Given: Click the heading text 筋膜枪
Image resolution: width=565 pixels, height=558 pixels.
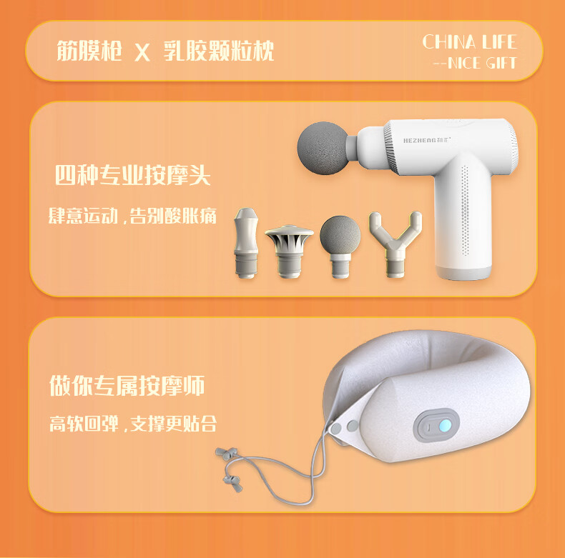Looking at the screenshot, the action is [89, 51].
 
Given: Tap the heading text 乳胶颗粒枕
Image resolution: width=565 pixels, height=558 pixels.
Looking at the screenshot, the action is [219, 51].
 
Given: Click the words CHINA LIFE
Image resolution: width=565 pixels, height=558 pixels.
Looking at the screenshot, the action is [470, 41].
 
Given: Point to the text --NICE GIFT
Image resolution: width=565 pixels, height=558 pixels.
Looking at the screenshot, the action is [476, 63].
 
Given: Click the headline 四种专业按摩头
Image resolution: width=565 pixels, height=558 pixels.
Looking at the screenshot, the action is [132, 175].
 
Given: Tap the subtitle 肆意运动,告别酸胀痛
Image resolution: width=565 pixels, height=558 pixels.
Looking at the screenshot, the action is [132, 216].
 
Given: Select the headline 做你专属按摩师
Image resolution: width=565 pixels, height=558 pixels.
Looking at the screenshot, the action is [127, 386].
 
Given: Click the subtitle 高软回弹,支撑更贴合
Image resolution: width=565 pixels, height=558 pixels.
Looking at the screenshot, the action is [133, 424].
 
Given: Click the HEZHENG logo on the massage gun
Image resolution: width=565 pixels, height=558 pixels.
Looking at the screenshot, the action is [427, 140].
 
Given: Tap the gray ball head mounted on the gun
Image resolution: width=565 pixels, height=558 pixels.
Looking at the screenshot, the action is [323, 148].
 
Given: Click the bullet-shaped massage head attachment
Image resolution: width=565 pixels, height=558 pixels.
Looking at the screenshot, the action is [246, 243].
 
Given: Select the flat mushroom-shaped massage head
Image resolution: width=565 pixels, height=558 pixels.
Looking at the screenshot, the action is [290, 251].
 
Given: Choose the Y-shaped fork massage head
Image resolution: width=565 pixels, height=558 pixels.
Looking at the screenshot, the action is [395, 244].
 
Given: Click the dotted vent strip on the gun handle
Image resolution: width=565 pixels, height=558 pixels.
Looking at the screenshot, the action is [465, 211].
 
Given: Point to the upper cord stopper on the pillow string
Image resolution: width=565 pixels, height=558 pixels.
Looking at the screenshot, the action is [226, 453].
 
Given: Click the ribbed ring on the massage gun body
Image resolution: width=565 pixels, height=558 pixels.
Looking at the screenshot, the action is [389, 146].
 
